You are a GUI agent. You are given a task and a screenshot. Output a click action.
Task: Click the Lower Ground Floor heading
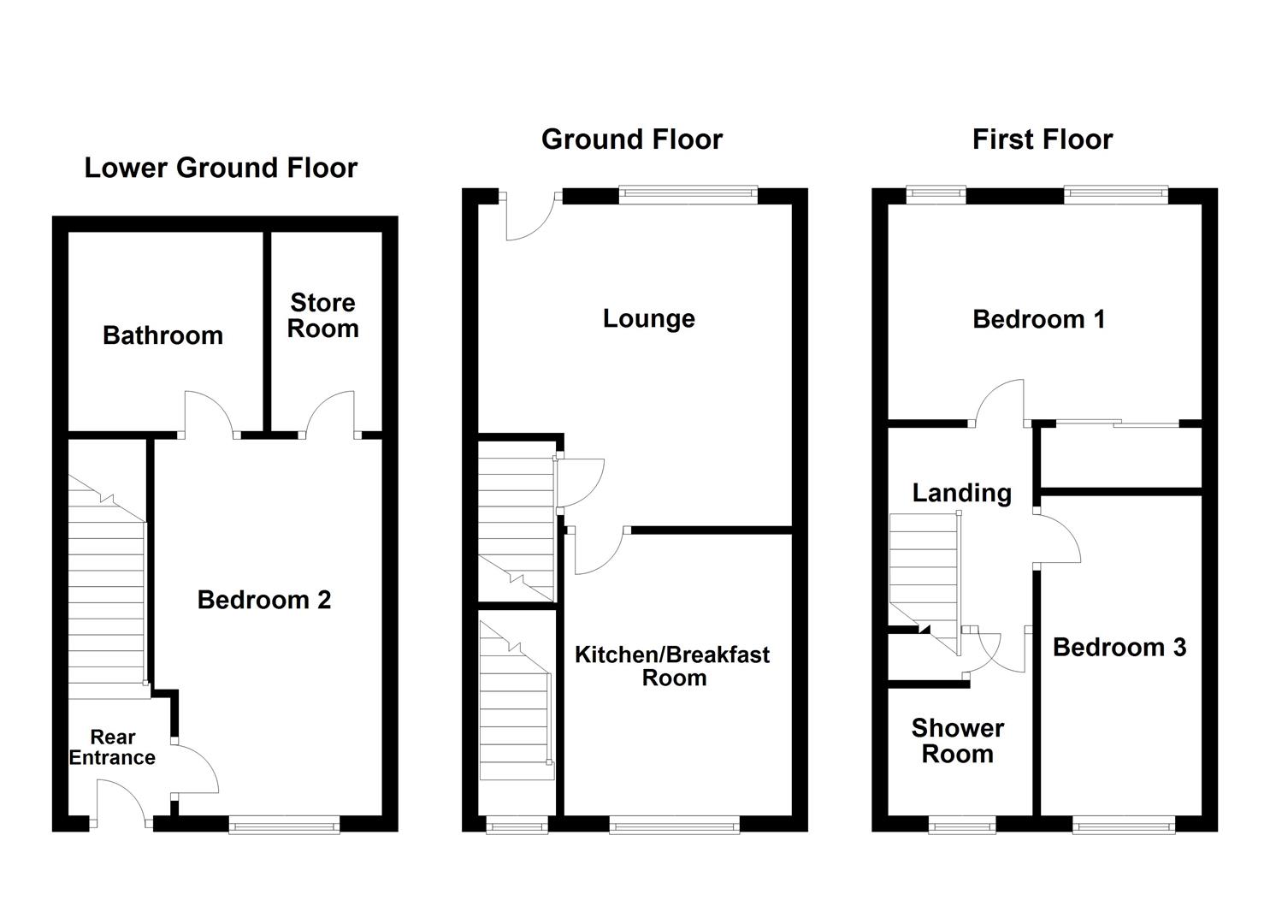[x=221, y=168]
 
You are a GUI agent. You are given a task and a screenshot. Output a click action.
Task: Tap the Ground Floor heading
[x=632, y=139]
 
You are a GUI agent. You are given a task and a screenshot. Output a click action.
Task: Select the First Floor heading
[x=1042, y=139]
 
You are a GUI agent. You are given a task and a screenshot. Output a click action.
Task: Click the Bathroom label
[x=162, y=335]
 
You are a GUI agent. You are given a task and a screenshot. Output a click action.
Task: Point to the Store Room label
[x=322, y=316]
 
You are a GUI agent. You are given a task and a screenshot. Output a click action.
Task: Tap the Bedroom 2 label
[x=263, y=600]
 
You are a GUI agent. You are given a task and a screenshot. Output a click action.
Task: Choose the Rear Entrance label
[x=113, y=747]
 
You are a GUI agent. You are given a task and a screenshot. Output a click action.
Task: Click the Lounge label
[x=648, y=318]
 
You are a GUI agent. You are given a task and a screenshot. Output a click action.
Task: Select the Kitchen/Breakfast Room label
[x=672, y=666]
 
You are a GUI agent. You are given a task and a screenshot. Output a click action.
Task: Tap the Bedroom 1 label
[x=1038, y=319]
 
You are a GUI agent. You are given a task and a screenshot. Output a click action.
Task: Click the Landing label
[x=961, y=493]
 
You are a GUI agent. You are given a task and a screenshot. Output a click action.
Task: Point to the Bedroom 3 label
[x=1119, y=648]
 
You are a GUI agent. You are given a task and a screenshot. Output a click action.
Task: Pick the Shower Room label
[x=957, y=741]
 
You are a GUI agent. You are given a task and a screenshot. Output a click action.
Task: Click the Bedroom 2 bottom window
[x=284, y=825]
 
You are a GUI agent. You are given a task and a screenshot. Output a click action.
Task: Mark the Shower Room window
[x=962, y=825]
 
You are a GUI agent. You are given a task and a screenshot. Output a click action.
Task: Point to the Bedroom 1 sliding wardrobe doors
[x=1117, y=423]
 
